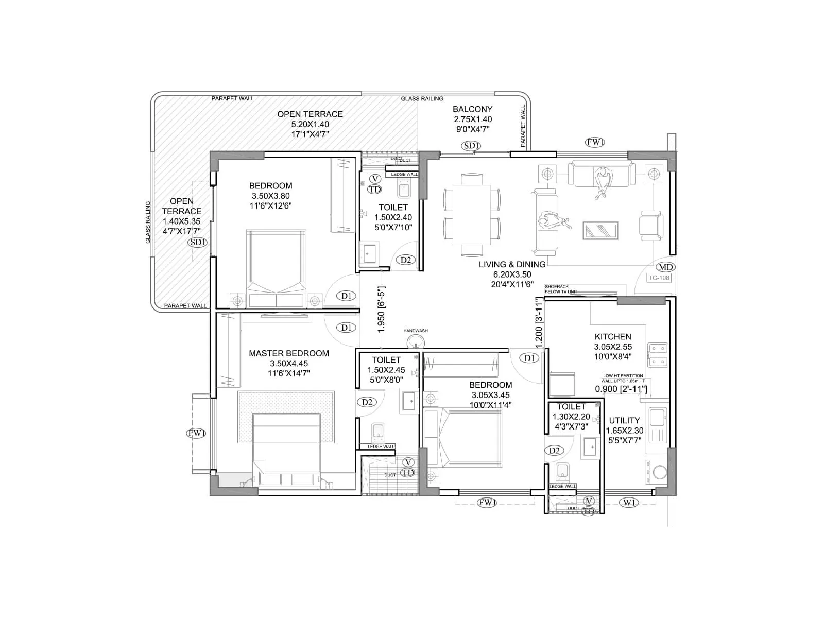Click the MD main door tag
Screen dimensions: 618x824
point(666,267)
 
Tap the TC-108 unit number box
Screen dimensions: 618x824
point(659,278)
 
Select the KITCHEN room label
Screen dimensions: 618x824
point(613,336)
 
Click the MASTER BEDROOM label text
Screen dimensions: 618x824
point(288,353)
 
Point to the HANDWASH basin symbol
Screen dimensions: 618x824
point(415,341)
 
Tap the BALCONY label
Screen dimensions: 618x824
point(472,109)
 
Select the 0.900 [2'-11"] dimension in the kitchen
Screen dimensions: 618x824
point(621,389)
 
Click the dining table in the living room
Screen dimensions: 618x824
point(472,215)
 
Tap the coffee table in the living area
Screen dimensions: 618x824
point(600,230)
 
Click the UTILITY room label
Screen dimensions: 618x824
point(624,420)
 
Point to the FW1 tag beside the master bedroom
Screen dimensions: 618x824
point(196,433)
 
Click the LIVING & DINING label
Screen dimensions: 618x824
point(512,264)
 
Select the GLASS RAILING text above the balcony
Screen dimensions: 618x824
point(422,98)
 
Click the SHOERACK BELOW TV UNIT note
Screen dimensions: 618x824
point(561,289)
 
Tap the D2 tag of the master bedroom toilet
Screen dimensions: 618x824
point(367,402)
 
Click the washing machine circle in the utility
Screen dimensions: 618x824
point(659,472)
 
